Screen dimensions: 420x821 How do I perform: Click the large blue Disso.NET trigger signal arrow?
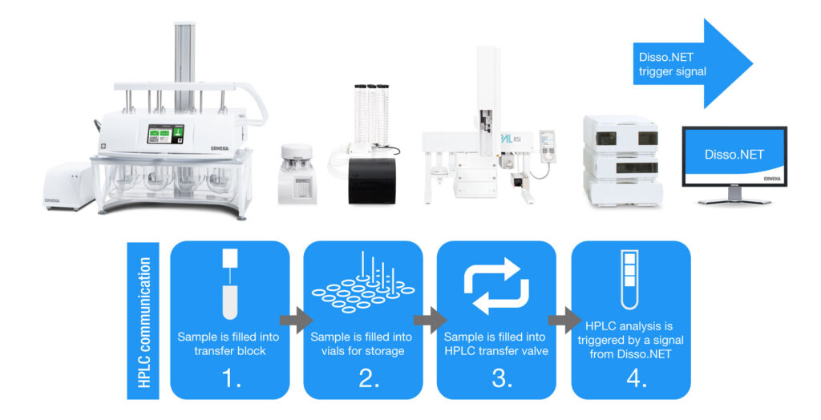click(x=690, y=63)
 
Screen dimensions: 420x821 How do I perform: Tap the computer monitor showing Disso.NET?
click(x=734, y=155)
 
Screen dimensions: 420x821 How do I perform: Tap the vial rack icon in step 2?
click(x=362, y=285)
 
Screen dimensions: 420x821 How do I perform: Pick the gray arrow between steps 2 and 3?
click(x=429, y=321)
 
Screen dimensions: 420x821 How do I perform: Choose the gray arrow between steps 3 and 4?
click(x=563, y=321)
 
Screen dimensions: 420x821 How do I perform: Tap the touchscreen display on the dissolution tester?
click(x=164, y=134)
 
